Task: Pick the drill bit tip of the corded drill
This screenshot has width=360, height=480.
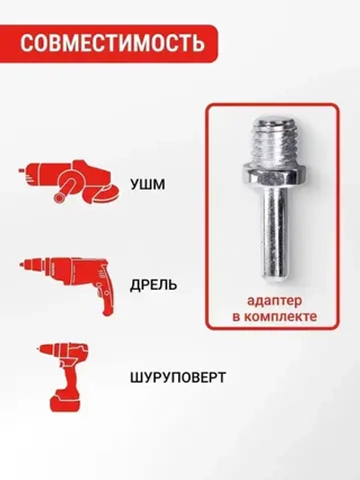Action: pos(22,267)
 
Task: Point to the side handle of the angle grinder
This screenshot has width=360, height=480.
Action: pos(65,192)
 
